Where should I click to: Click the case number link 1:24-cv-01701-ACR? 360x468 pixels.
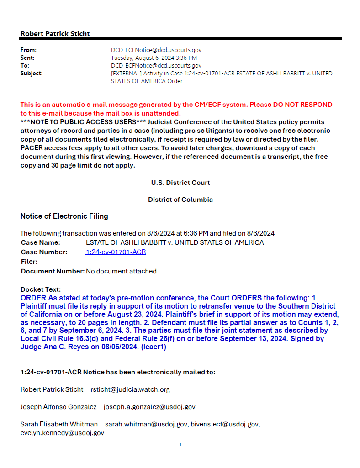[116, 252]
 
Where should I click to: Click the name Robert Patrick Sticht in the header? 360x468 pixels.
[55, 33]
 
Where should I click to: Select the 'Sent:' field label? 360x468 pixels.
[27, 58]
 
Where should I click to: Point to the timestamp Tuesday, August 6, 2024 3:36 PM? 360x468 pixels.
[154, 58]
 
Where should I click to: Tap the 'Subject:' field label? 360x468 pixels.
[32, 73]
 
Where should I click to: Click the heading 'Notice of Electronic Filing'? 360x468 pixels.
[64, 216]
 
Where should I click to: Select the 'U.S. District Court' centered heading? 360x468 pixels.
[180, 183]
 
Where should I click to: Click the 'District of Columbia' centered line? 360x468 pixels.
[180, 200]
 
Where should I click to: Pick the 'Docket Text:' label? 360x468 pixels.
[41, 289]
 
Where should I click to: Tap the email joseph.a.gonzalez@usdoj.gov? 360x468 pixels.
[149, 407]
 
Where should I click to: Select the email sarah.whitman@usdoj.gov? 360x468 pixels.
[146, 424]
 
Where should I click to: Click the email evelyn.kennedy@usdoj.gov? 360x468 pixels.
[62, 433]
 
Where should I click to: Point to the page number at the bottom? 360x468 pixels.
[180, 445]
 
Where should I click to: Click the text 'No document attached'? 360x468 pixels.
[121, 271]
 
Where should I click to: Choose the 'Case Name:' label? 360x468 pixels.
[41, 242]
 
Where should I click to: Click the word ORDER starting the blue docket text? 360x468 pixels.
[33, 298]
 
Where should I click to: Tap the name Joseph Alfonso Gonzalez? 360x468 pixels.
[58, 407]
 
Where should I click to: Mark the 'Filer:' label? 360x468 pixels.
[29, 262]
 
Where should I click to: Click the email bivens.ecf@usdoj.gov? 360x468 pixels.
[225, 424]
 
